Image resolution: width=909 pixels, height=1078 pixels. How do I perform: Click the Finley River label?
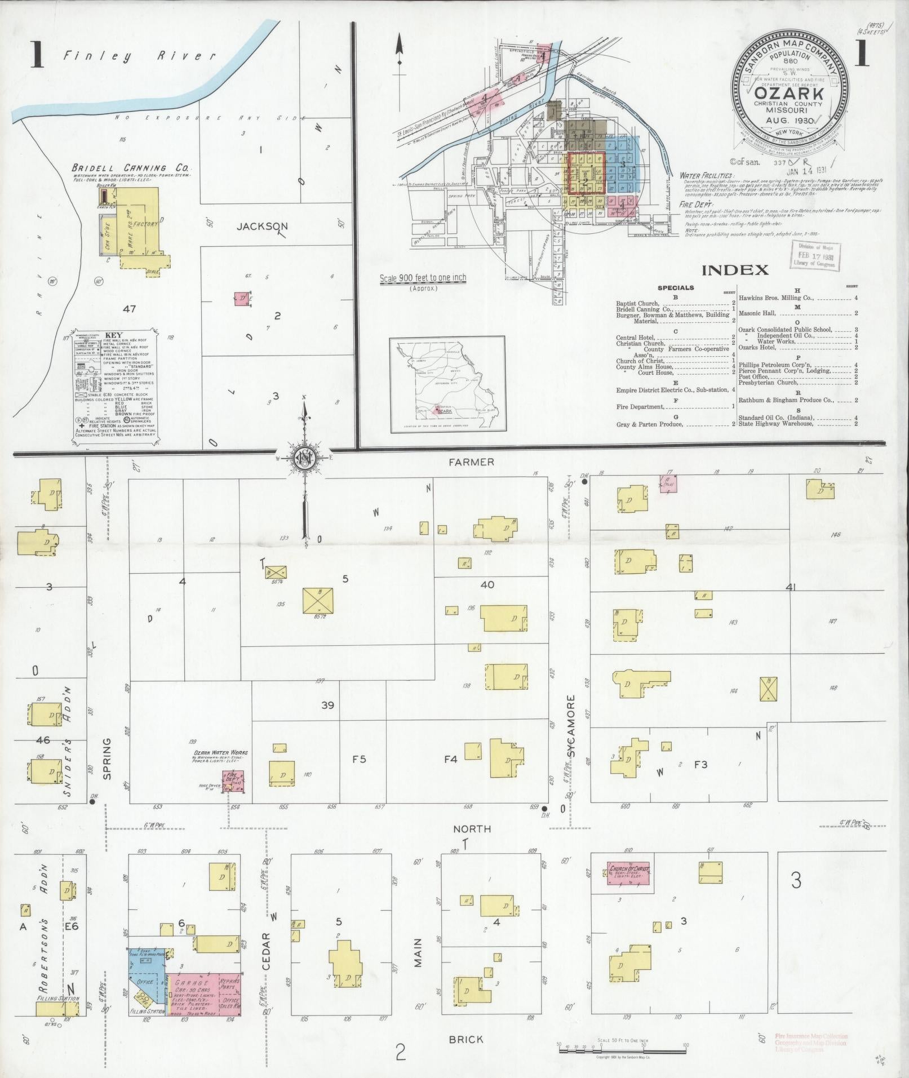pyautogui.click(x=139, y=55)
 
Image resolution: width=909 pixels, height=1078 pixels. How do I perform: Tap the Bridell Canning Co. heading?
pyautogui.click(x=131, y=168)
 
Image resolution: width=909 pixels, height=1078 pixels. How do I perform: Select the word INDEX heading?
pyautogui.click(x=735, y=270)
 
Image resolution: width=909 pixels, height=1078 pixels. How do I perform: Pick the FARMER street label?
pyautogui.click(x=471, y=462)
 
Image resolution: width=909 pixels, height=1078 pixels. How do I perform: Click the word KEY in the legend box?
pyautogui.click(x=114, y=335)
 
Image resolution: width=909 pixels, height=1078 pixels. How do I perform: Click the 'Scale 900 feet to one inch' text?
pyautogui.click(x=423, y=278)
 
